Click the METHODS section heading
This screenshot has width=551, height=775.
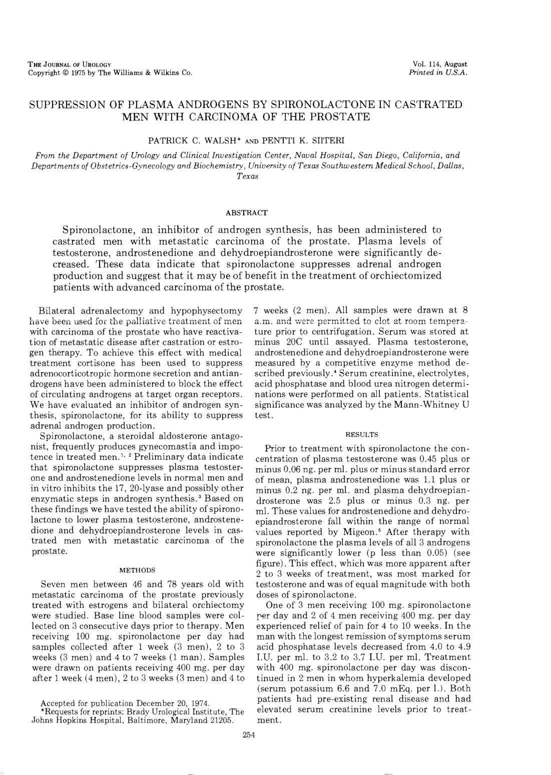(x=138, y=570)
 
